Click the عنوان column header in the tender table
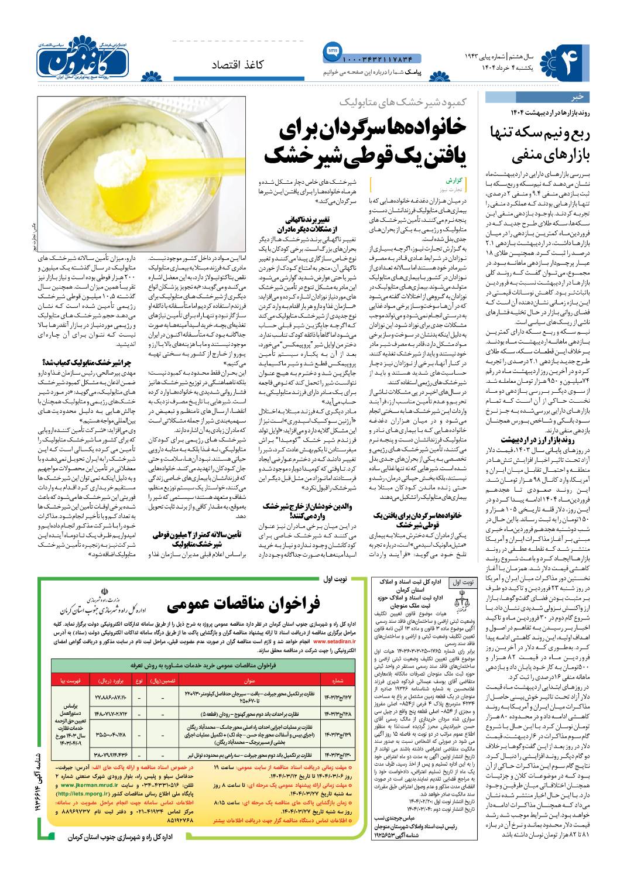tap(249, 681)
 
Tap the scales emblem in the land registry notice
tap(460, 597)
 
